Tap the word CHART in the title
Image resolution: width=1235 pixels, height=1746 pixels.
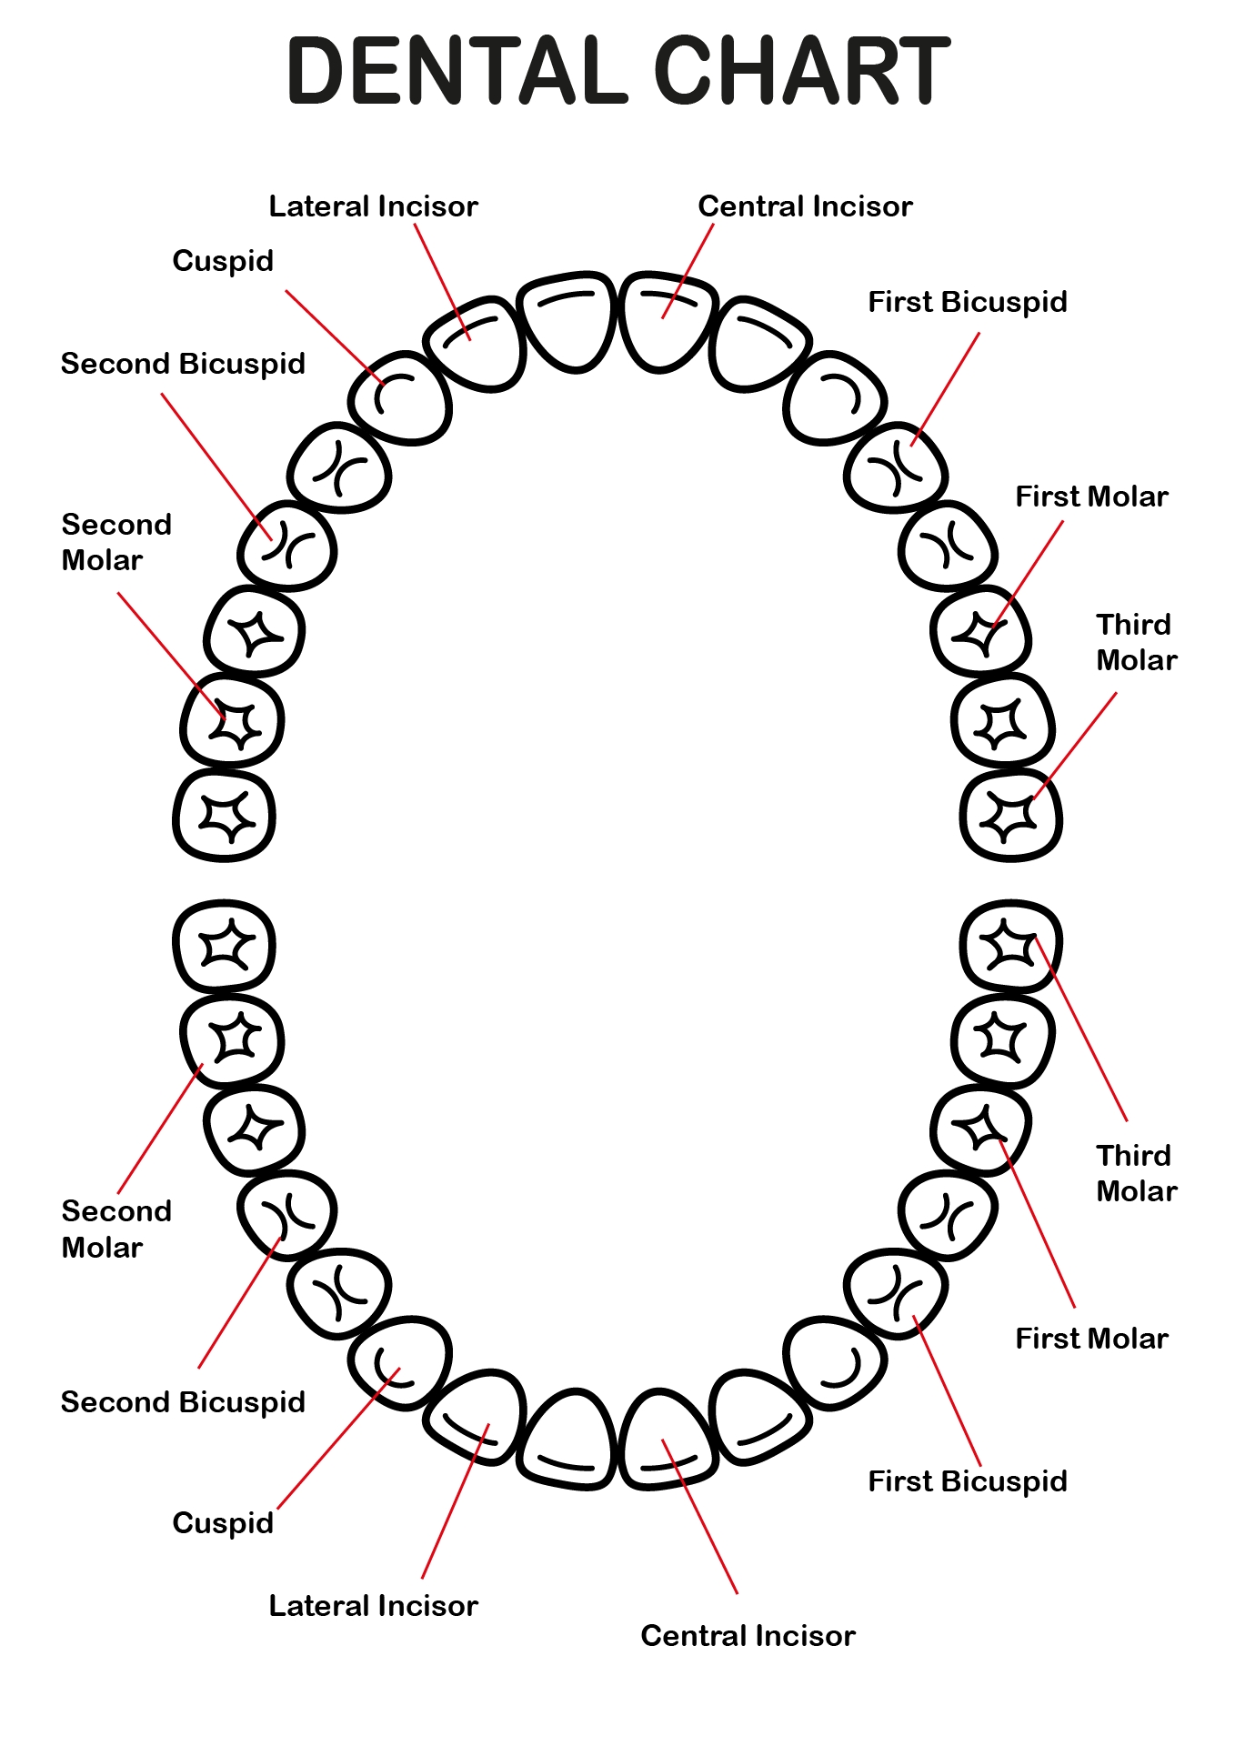(x=801, y=70)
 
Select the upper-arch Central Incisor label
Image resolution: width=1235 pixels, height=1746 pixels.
(x=805, y=206)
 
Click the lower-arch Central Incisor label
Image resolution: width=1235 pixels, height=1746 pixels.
(x=748, y=1636)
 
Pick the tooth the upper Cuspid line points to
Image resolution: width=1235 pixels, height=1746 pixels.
(x=400, y=398)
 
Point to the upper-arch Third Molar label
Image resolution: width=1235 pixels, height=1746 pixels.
(x=1136, y=642)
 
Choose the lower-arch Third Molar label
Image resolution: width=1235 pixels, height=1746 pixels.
(x=1136, y=1173)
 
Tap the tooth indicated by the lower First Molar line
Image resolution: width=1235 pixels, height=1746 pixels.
(x=980, y=1132)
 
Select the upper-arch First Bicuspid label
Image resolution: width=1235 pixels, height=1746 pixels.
(x=967, y=302)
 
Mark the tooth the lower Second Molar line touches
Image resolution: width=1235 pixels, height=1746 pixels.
(x=233, y=1039)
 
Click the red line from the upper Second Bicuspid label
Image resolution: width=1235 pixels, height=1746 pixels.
(x=215, y=466)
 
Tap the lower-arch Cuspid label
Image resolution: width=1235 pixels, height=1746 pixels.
(x=223, y=1522)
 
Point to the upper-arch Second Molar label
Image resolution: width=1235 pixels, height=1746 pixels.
(x=115, y=542)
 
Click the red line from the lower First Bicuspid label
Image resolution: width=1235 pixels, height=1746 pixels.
(x=948, y=1391)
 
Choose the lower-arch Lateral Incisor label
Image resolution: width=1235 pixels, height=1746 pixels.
(x=373, y=1606)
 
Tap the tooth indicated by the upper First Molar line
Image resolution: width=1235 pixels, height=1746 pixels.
(x=980, y=632)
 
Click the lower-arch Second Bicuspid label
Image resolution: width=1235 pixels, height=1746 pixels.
(x=183, y=1402)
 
